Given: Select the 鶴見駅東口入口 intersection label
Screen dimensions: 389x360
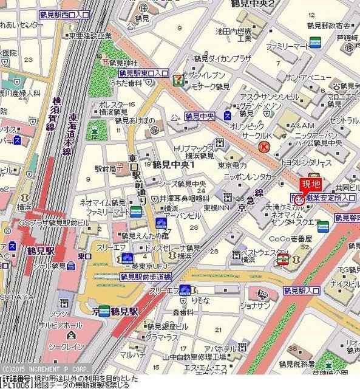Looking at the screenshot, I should [x=143, y=73].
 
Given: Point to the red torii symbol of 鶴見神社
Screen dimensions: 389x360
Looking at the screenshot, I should [x=105, y=62].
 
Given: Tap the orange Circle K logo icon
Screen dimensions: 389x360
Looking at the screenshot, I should [x=264, y=146].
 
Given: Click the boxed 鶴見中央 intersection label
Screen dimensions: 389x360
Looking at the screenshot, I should [x=201, y=115].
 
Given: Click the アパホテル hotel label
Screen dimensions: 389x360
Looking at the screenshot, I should [x=220, y=349].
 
